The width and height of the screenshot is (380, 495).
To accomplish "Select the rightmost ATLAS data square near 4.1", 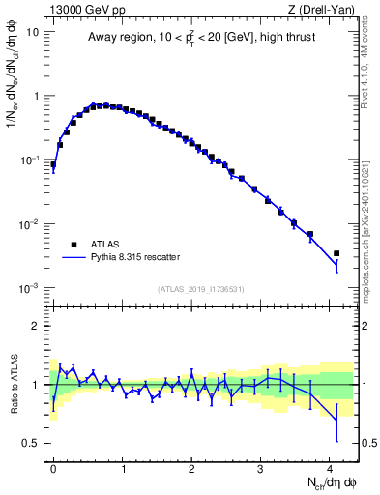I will click(x=336, y=253).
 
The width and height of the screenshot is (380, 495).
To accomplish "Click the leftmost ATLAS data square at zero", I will click(x=53, y=164).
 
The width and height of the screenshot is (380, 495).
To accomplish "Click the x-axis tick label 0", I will click(x=53, y=467).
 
